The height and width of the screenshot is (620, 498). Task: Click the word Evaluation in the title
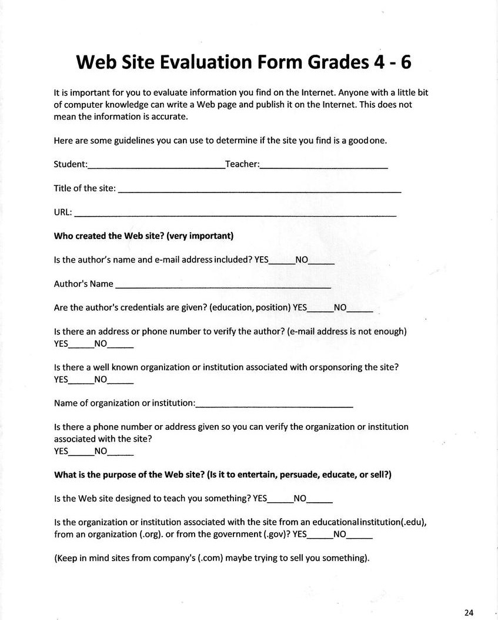[198, 62]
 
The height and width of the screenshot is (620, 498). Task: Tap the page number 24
[469, 612]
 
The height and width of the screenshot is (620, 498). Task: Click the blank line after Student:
[156, 167]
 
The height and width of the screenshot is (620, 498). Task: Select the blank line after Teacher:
[323, 167]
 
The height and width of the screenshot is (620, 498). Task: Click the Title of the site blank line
[259, 191]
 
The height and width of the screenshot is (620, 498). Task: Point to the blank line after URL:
[235, 215]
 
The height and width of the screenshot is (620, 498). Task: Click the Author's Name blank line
[223, 286]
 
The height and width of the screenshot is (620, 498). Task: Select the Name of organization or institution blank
[274, 406]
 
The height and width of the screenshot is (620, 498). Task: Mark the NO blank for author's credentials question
[360, 310]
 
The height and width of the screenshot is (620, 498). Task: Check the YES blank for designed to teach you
[280, 501]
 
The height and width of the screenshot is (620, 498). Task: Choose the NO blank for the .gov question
[359, 538]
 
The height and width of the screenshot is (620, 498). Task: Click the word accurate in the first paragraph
[171, 117]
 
